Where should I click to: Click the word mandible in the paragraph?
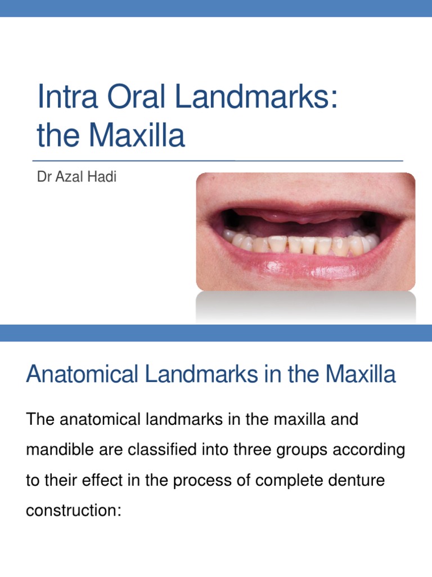pos(62,450)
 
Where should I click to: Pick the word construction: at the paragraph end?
pos(74,511)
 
